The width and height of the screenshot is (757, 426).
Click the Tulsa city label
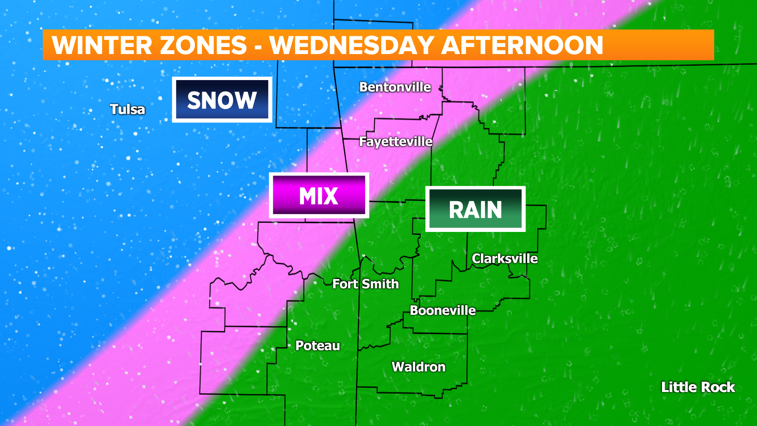[127, 109]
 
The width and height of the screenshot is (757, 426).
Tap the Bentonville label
[395, 87]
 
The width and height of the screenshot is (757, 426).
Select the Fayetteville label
[395, 142]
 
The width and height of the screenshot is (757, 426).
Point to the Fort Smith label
[365, 284]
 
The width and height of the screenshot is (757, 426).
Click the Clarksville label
[505, 259]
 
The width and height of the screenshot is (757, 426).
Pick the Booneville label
[443, 310]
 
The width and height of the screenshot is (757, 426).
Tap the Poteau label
[318, 346]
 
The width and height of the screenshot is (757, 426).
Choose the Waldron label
[418, 367]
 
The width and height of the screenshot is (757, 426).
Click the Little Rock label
[698, 387]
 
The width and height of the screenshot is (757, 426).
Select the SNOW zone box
[222, 100]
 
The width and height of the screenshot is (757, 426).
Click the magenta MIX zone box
[319, 196]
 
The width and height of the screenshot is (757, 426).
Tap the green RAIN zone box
[475, 209]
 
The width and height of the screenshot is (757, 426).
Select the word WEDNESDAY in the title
[352, 45]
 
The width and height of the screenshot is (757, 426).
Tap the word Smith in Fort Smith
[380, 284]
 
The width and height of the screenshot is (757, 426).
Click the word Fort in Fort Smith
[345, 284]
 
